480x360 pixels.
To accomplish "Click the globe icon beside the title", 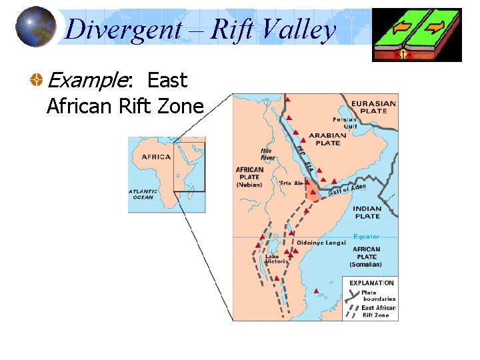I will click(x=36, y=27).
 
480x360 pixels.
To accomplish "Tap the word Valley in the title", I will click(x=298, y=29).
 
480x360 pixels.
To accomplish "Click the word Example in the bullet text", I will click(x=87, y=81).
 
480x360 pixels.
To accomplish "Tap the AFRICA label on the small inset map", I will click(x=156, y=157).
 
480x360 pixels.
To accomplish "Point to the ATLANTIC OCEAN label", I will click(x=143, y=194).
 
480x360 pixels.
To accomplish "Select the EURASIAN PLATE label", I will click(x=373, y=107).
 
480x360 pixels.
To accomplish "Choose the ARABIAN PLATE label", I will click(x=324, y=139).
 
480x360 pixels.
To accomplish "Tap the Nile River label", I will click(x=267, y=155).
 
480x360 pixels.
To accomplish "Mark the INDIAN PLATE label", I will click(x=367, y=212).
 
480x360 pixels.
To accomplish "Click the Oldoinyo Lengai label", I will click(x=321, y=243).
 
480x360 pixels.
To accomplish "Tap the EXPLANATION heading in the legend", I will click(x=371, y=283).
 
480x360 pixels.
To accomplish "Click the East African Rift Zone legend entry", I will click(x=378, y=311).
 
